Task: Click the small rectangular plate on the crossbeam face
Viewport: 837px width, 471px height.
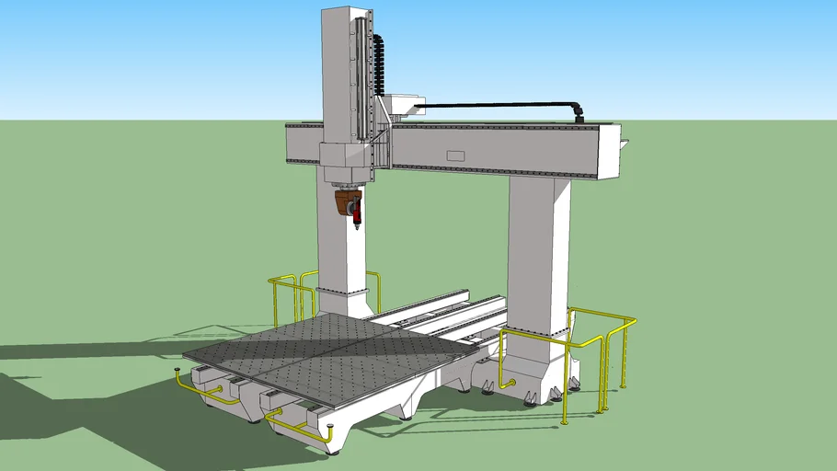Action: click(456, 155)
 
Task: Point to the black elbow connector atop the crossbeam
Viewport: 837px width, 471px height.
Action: click(578, 112)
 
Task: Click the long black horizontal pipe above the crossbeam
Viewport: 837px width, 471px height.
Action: click(497, 104)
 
